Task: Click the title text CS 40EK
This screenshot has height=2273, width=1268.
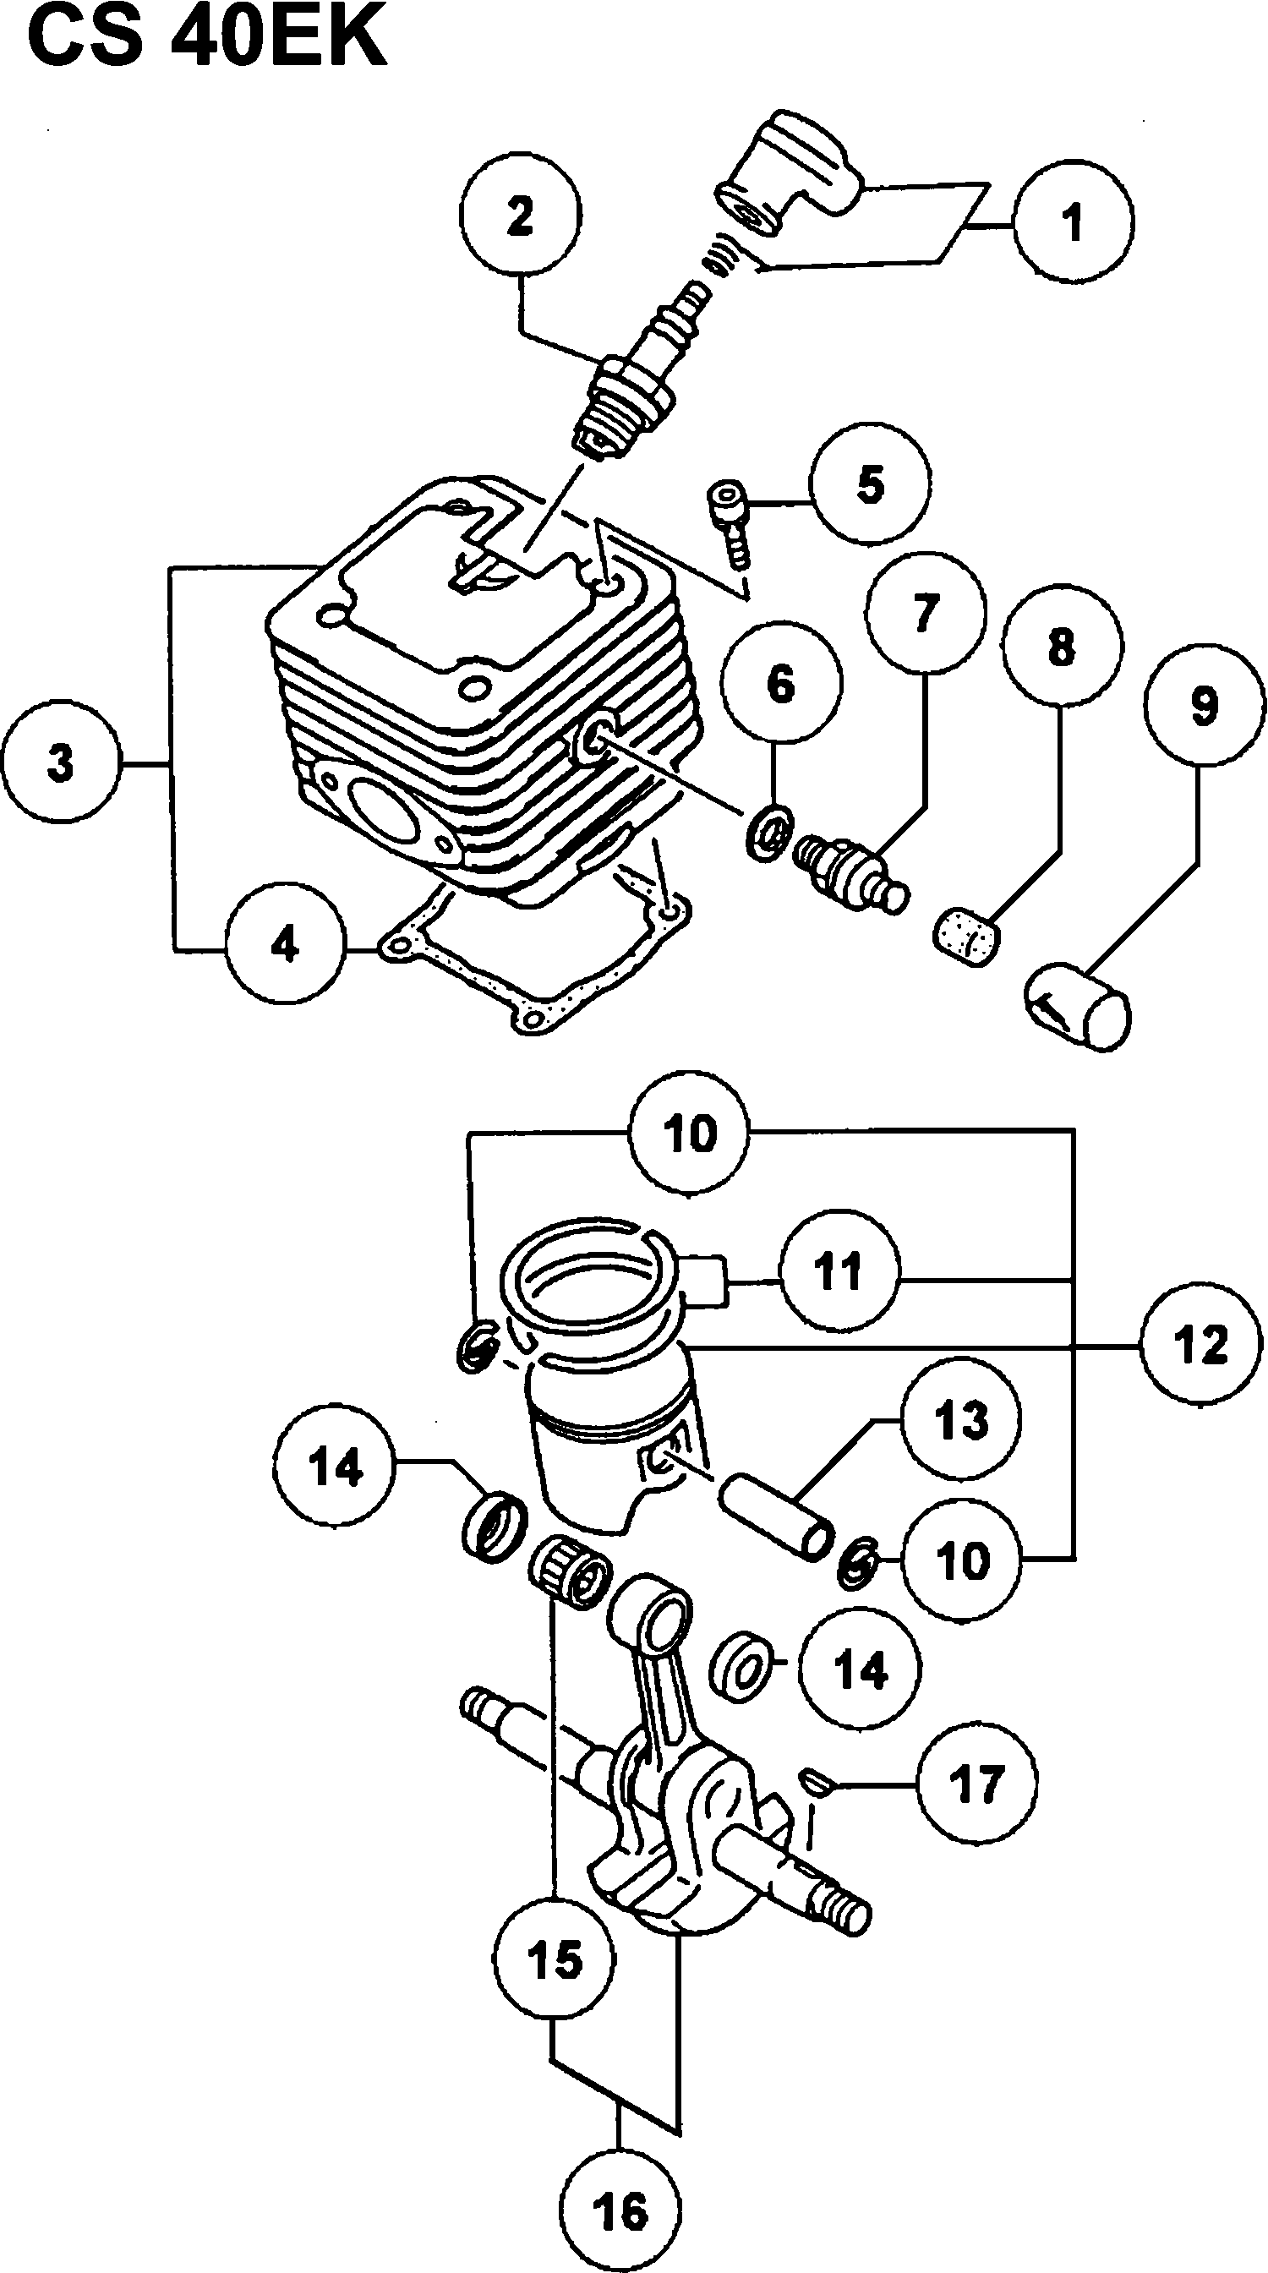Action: click(x=208, y=39)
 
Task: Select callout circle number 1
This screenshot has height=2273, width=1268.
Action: click(x=1073, y=221)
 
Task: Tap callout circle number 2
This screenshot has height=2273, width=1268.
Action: click(x=520, y=216)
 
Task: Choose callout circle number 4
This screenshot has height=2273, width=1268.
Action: click(x=285, y=945)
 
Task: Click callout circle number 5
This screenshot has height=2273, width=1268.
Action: click(x=871, y=484)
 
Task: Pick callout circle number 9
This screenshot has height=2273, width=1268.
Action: click(x=1204, y=706)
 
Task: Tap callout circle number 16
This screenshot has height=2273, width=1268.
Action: click(x=620, y=2213)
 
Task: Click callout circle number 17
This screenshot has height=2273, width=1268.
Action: click(x=977, y=1783)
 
